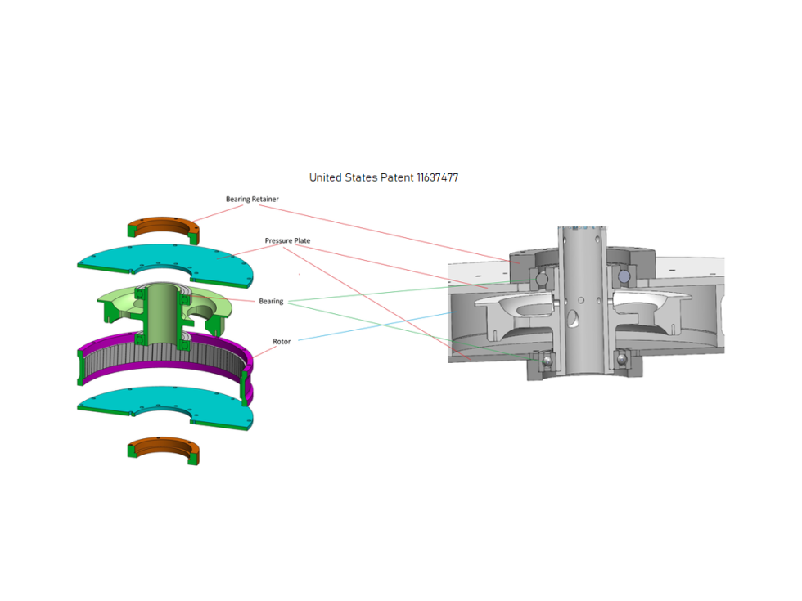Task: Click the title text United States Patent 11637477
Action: (389, 177)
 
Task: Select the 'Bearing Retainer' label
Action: (252, 200)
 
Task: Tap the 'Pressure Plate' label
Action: (287, 241)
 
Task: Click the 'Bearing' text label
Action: (271, 302)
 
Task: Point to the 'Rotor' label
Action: (282, 341)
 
